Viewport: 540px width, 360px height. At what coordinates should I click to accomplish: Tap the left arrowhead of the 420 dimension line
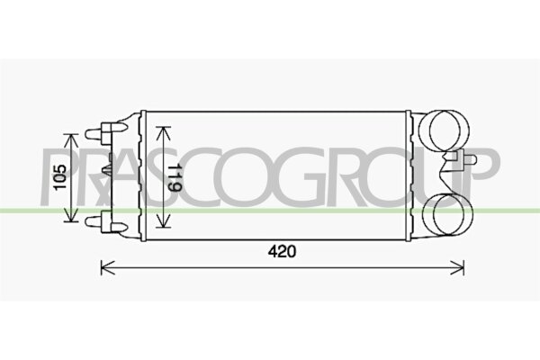point(103,265)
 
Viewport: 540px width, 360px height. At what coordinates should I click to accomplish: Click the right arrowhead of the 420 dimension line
point(460,265)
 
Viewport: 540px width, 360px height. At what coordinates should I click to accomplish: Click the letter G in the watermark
point(322,176)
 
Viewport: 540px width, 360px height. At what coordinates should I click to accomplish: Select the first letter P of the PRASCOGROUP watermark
point(58,176)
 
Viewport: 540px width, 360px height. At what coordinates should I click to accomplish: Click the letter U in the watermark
point(444,176)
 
